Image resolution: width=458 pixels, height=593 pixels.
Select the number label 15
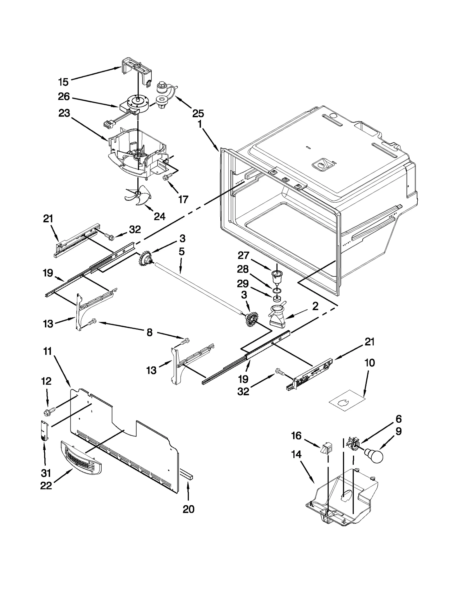tap(63, 82)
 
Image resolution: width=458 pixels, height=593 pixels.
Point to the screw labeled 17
tap(166, 178)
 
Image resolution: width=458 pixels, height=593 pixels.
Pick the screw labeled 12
tap(47, 412)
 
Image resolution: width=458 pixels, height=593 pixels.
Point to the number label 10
tap(370, 363)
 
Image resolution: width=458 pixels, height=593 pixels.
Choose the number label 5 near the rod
tap(181, 252)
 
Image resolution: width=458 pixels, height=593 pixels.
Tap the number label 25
tap(198, 113)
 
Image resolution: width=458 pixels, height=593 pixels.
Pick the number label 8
tap(149, 333)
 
